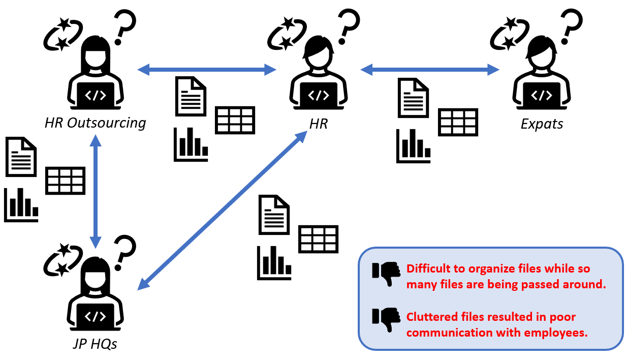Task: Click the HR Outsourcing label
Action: [95, 123]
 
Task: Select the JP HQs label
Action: [95, 344]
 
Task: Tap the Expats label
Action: [542, 124]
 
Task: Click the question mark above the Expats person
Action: [572, 27]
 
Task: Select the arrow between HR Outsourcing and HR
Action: [207, 69]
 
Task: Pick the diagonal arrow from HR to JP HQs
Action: [222, 211]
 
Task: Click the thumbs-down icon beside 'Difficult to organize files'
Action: [386, 273]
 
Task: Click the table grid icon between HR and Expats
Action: [458, 122]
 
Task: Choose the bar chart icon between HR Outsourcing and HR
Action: [191, 144]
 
